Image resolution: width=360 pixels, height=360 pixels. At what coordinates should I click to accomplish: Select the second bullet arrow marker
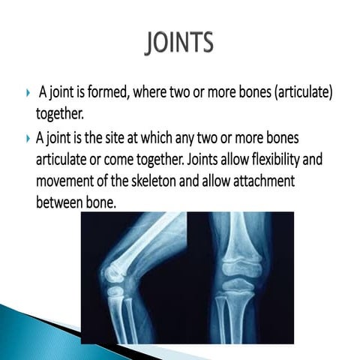pyautogui.click(x=28, y=140)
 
